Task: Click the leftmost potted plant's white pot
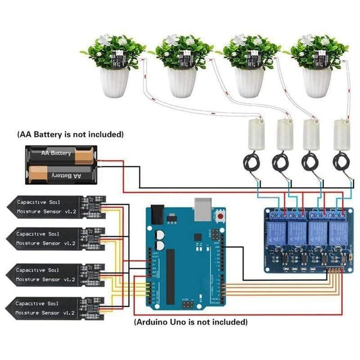113,83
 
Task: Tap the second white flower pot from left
182,83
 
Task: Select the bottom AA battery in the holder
59,175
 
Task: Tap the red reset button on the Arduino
222,215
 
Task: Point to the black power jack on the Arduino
157,214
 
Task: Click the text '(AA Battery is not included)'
71,134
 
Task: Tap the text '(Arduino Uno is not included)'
190,322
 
